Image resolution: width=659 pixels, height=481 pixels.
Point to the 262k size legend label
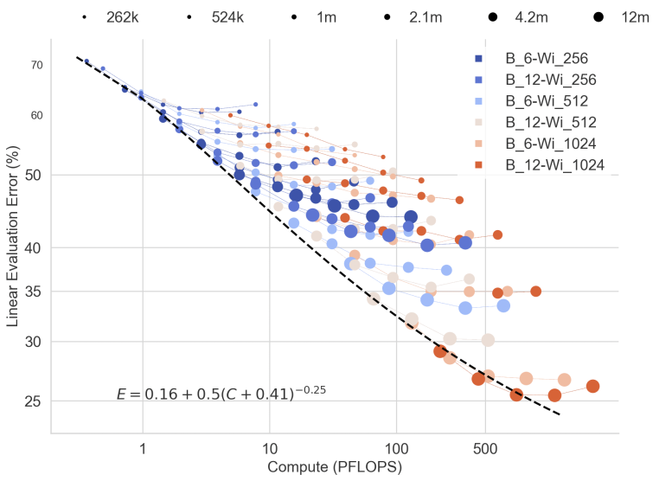coord(122,16)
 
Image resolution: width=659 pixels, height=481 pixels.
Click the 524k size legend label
coord(227,16)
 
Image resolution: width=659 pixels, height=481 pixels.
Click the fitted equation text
coord(221,394)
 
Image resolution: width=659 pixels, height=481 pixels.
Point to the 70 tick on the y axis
coord(36,65)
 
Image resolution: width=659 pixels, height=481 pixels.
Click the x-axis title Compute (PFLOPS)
coord(336,467)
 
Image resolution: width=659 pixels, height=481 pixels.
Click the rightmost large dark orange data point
coord(592,387)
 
